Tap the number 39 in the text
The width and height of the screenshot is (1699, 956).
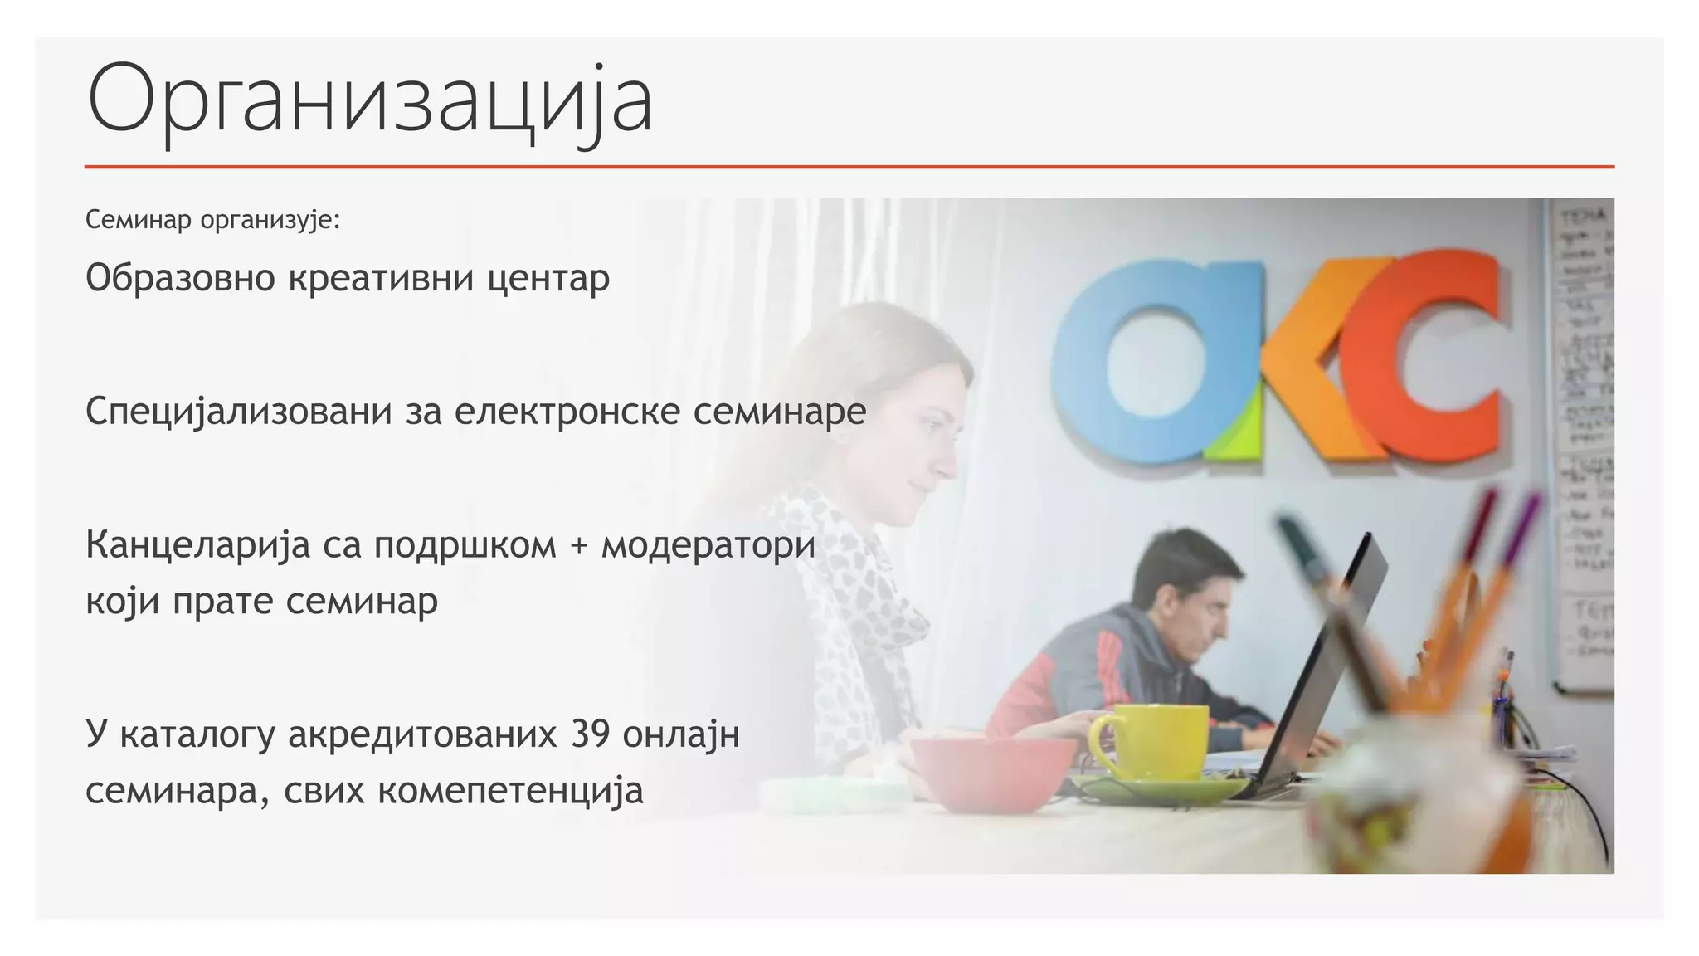tap(590, 734)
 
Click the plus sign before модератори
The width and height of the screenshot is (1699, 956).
tap(578, 546)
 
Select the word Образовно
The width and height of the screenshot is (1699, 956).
tap(180, 278)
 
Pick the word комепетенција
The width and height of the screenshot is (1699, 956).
tap(510, 790)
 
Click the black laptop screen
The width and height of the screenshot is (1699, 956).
tap(1319, 664)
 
